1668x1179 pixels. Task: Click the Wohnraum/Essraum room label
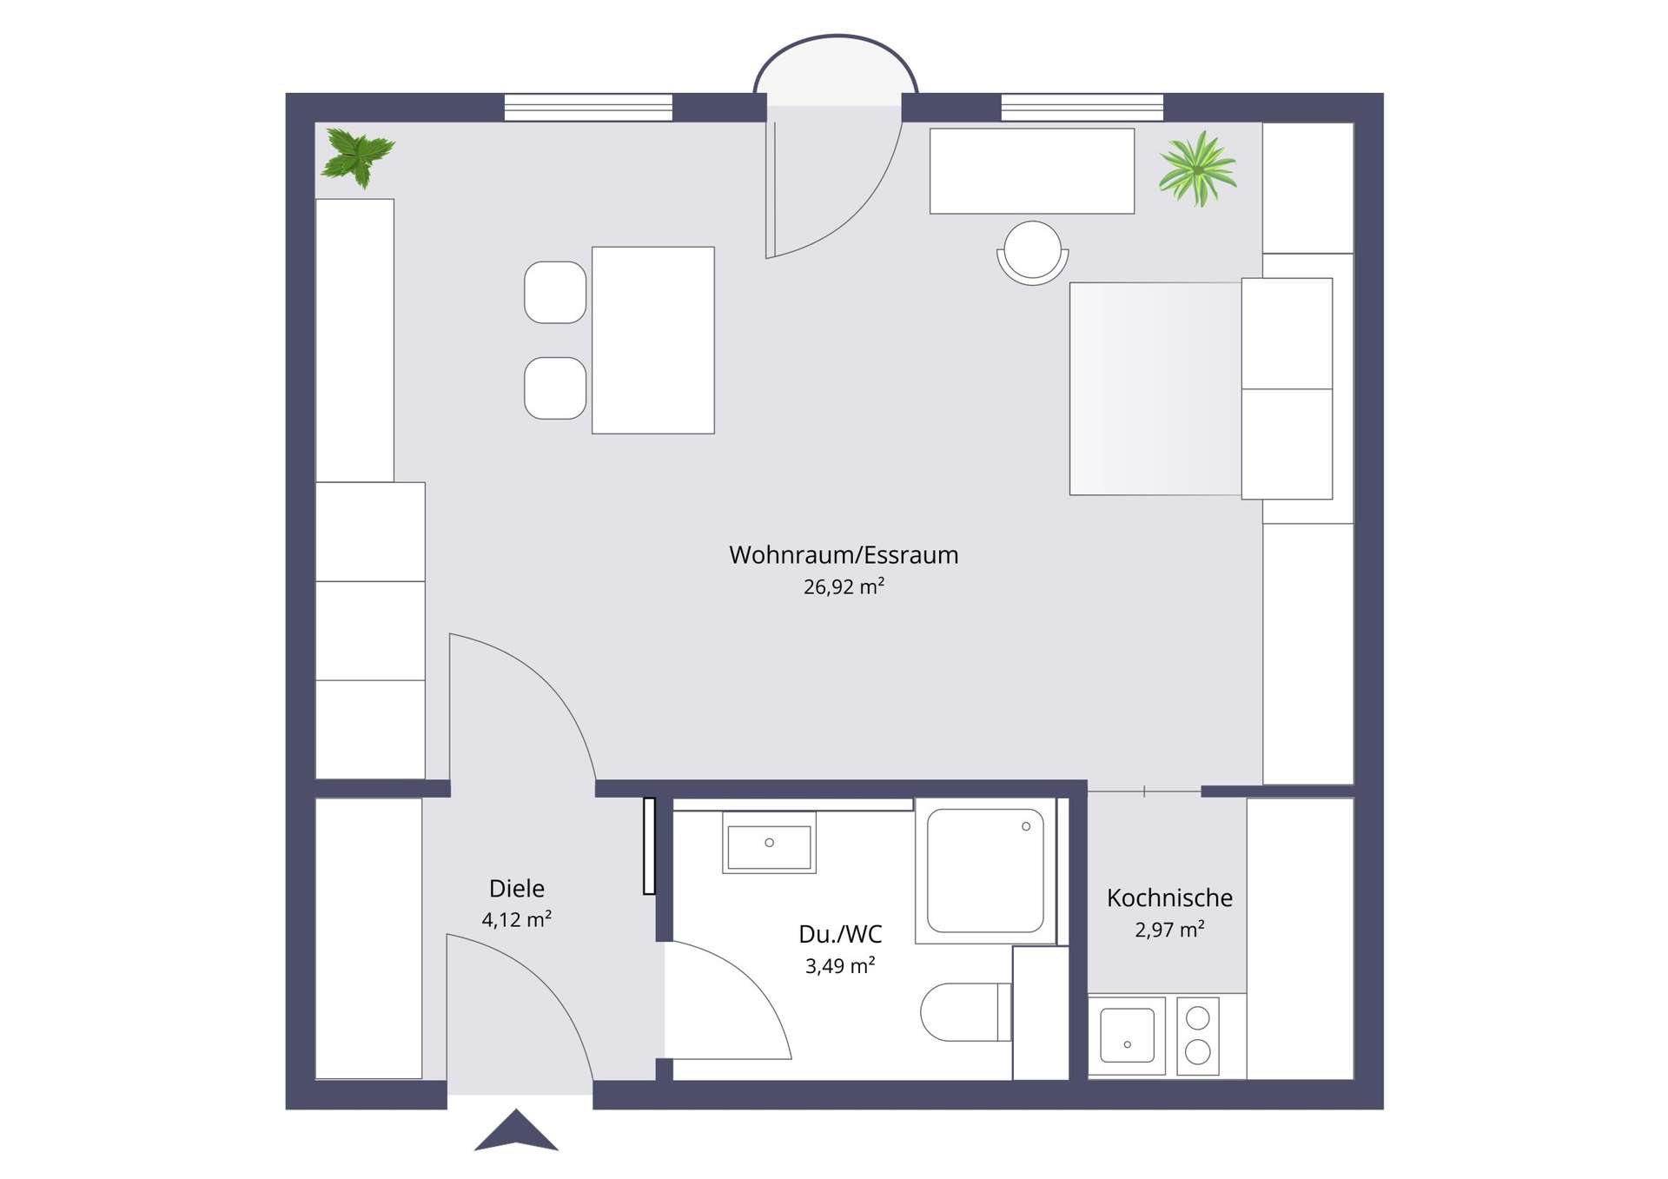[x=844, y=555]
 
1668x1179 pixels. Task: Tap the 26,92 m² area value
[x=844, y=586]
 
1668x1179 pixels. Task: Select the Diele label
[x=517, y=889]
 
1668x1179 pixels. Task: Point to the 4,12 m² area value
[x=517, y=919]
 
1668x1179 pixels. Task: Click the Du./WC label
[x=840, y=935]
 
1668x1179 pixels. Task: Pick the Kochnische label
[x=1169, y=898]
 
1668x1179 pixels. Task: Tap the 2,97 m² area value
[x=1169, y=930]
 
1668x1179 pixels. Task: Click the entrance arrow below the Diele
[x=516, y=1129]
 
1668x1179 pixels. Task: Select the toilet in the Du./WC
[x=965, y=1012]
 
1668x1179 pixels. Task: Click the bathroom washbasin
[x=769, y=843]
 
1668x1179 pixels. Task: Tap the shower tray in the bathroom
[x=985, y=871]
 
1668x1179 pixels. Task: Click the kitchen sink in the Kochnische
[x=1128, y=1035]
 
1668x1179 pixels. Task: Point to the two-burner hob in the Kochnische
[x=1198, y=1036]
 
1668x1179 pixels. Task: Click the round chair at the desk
[x=1032, y=252]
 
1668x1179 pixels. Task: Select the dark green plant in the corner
[x=357, y=157]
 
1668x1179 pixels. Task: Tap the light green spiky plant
[x=1197, y=169]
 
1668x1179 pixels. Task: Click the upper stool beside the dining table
[x=555, y=292]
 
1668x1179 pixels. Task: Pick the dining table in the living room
[x=653, y=340]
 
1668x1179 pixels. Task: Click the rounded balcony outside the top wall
[x=836, y=70]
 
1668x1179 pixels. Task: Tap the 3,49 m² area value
[x=840, y=966]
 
